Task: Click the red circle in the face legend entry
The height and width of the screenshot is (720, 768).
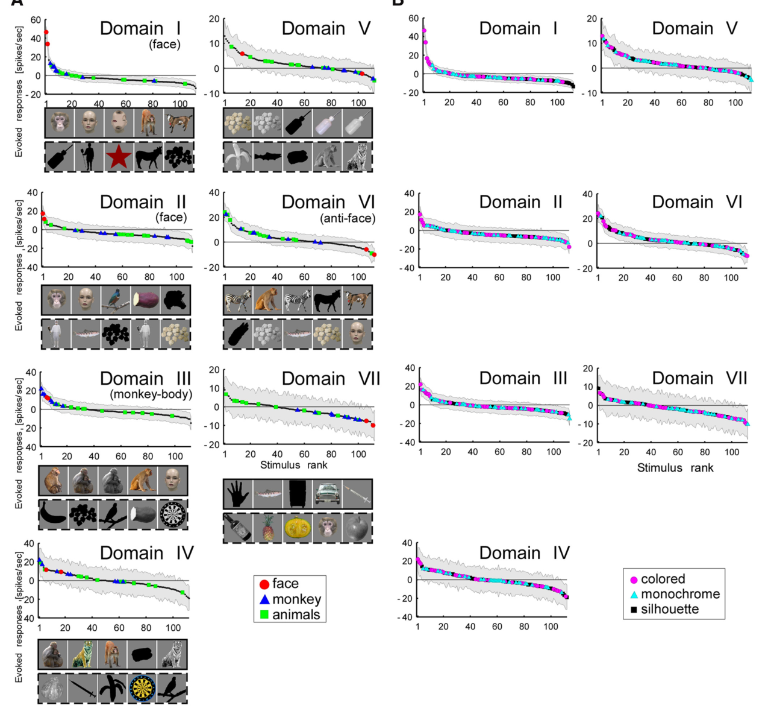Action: click(x=264, y=584)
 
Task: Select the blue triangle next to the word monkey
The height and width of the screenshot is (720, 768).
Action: click(x=264, y=599)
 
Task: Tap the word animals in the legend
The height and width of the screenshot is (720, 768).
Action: click(x=296, y=614)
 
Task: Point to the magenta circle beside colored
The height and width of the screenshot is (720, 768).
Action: click(x=634, y=579)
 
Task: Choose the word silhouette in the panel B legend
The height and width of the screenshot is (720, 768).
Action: click(x=670, y=609)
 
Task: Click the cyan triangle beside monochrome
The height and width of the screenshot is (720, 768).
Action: click(x=634, y=595)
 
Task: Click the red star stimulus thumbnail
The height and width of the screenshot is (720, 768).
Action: click(x=119, y=156)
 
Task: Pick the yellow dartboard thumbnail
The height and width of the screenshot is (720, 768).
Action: click(x=142, y=688)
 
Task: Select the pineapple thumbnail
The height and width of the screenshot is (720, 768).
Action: click(x=268, y=528)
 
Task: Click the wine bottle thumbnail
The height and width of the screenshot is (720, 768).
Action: click(x=238, y=528)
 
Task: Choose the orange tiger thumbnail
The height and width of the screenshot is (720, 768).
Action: click(x=83, y=654)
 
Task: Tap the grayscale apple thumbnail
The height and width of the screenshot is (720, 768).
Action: click(x=358, y=528)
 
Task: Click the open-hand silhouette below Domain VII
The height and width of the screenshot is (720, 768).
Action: click(x=237, y=494)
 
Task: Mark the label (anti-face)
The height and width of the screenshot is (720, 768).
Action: click(x=348, y=218)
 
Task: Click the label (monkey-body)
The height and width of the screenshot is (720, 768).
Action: click(x=151, y=394)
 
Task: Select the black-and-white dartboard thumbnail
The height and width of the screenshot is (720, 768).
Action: click(x=173, y=515)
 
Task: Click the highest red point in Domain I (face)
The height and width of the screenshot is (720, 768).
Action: click(x=46, y=32)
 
